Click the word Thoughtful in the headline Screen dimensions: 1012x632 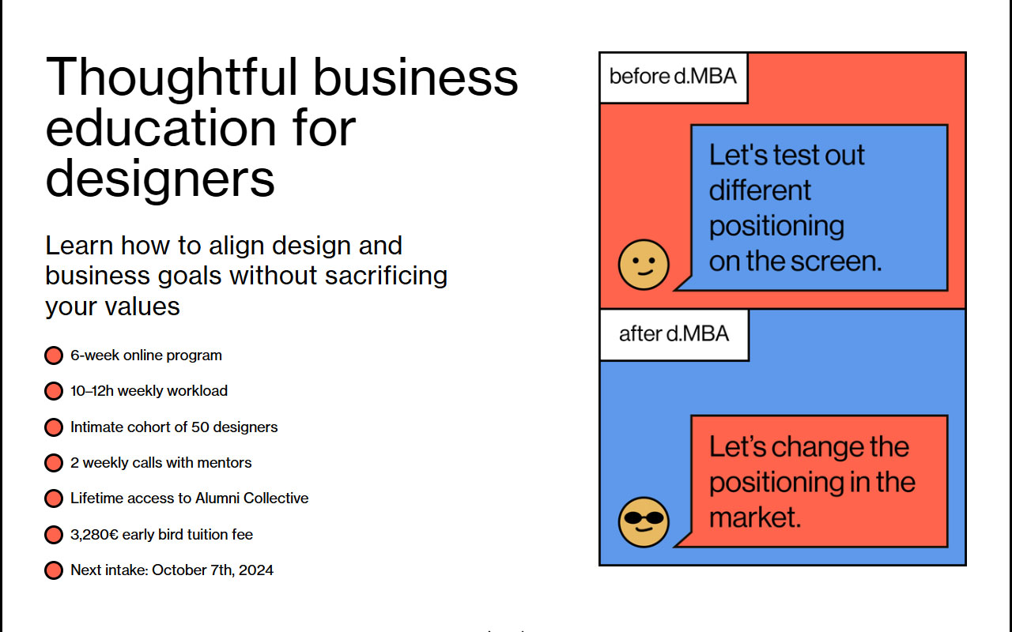pos(172,77)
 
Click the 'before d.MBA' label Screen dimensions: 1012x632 pos(673,77)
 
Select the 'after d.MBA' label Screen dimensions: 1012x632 pos(674,334)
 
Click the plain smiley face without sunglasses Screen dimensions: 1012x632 pos(644,265)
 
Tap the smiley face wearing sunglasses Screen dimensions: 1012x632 pos(644,522)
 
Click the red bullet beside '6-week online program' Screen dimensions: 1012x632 pos(54,355)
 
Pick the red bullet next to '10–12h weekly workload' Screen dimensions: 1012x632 pos(54,391)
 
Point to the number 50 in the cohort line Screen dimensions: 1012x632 pos(200,427)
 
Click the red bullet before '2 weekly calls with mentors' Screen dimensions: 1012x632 pos(54,463)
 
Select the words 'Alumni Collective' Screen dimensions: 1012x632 pos(252,498)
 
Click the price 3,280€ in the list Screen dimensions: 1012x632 pos(94,535)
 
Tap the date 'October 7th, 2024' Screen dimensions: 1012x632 pos(213,570)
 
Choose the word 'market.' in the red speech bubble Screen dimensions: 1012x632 pos(755,517)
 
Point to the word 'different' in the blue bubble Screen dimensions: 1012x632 pos(760,190)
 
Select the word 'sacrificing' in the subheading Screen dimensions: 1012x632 pos(387,276)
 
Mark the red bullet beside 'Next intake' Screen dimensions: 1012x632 pos(54,570)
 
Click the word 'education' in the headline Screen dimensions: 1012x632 pos(160,129)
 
